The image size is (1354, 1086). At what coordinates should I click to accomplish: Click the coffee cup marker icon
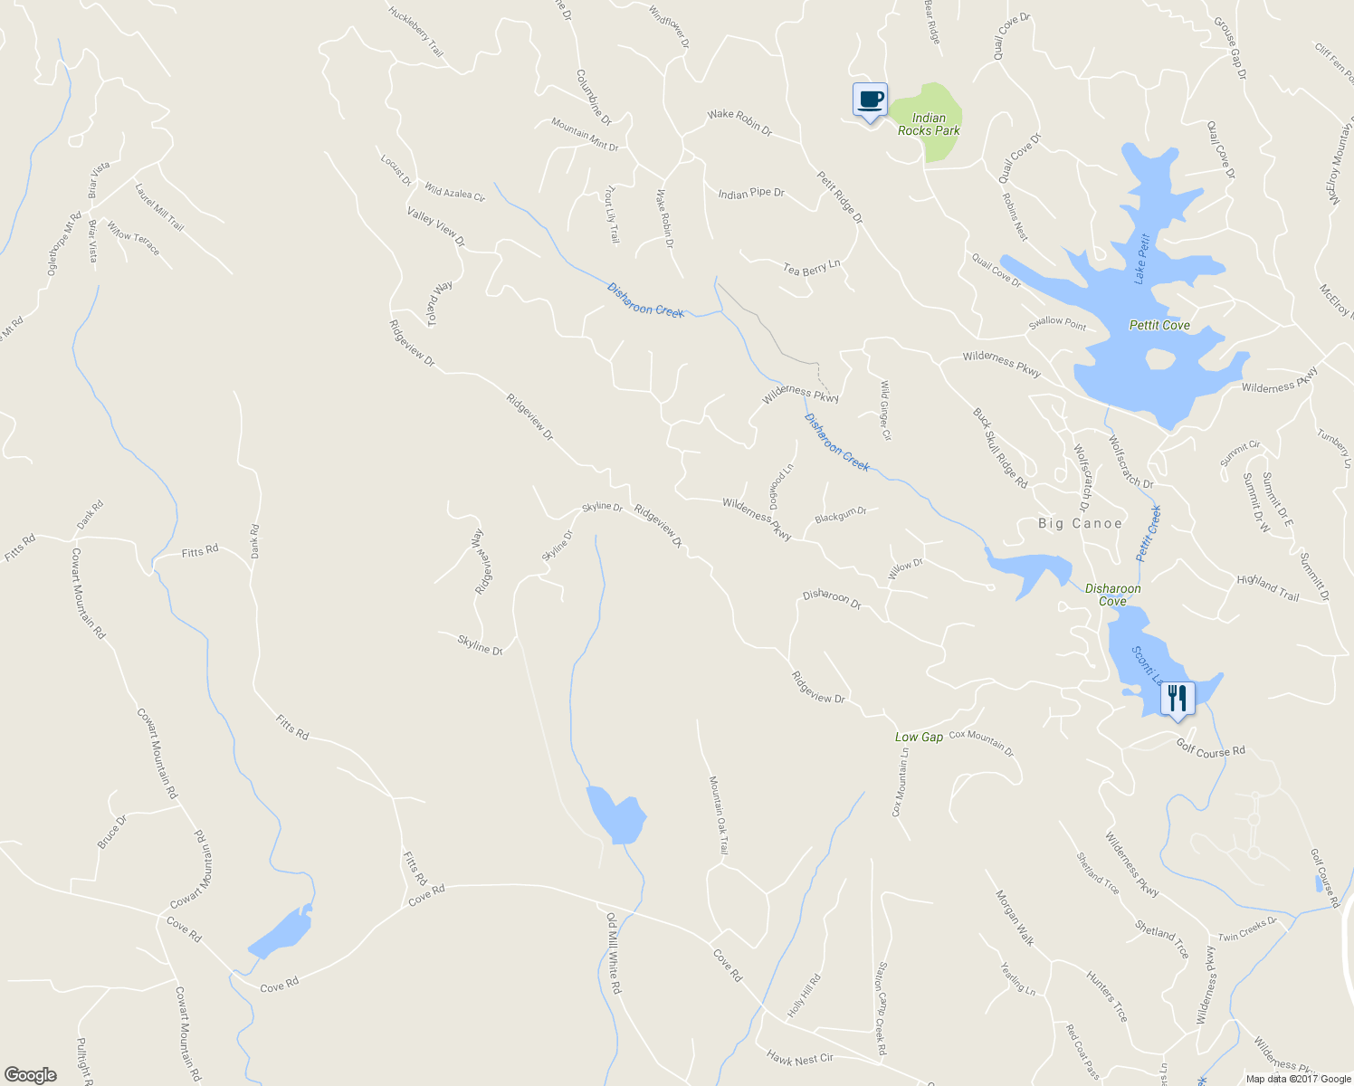click(870, 100)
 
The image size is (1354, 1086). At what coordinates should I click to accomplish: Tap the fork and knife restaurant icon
click(1177, 698)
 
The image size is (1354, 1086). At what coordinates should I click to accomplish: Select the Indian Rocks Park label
click(929, 124)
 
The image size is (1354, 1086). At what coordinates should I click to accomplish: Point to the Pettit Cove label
click(1159, 325)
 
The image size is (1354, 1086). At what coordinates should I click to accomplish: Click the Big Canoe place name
click(1080, 523)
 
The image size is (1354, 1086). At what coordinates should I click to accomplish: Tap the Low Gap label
click(919, 737)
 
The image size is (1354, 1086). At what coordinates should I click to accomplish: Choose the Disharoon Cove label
click(1112, 595)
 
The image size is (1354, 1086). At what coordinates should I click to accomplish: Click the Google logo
click(31, 1075)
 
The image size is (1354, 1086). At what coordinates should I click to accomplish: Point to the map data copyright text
click(1298, 1079)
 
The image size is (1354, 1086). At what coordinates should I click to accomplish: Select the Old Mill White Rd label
click(614, 953)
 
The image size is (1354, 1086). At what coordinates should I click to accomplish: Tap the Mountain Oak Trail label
click(719, 814)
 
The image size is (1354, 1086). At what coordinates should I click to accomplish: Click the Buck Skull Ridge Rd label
click(1000, 448)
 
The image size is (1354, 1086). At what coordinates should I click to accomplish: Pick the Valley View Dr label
click(435, 227)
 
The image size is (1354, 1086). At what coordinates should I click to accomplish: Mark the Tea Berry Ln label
click(812, 268)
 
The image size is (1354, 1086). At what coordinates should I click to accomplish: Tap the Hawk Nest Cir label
click(799, 1057)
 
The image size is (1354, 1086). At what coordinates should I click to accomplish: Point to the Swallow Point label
click(1057, 324)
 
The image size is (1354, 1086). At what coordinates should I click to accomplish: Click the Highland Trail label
click(1268, 587)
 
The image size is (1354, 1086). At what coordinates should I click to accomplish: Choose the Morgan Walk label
click(1015, 918)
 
